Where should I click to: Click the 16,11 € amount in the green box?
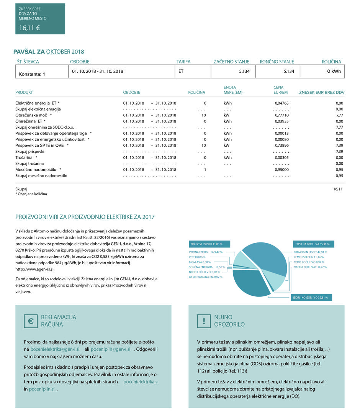(x=30, y=28)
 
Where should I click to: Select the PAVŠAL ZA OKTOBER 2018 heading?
(x=49, y=52)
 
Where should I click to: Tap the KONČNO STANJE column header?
(x=277, y=62)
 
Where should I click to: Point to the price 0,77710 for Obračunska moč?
(x=281, y=115)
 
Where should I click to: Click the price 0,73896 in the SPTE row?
(x=281, y=146)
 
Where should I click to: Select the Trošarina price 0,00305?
(x=281, y=157)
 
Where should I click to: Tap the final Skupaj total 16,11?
(x=338, y=189)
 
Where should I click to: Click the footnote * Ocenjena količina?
(x=31, y=194)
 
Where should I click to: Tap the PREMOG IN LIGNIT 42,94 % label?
(x=310, y=252)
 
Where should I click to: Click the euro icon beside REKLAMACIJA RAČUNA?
(x=30, y=321)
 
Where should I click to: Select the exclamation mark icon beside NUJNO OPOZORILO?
(x=203, y=321)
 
